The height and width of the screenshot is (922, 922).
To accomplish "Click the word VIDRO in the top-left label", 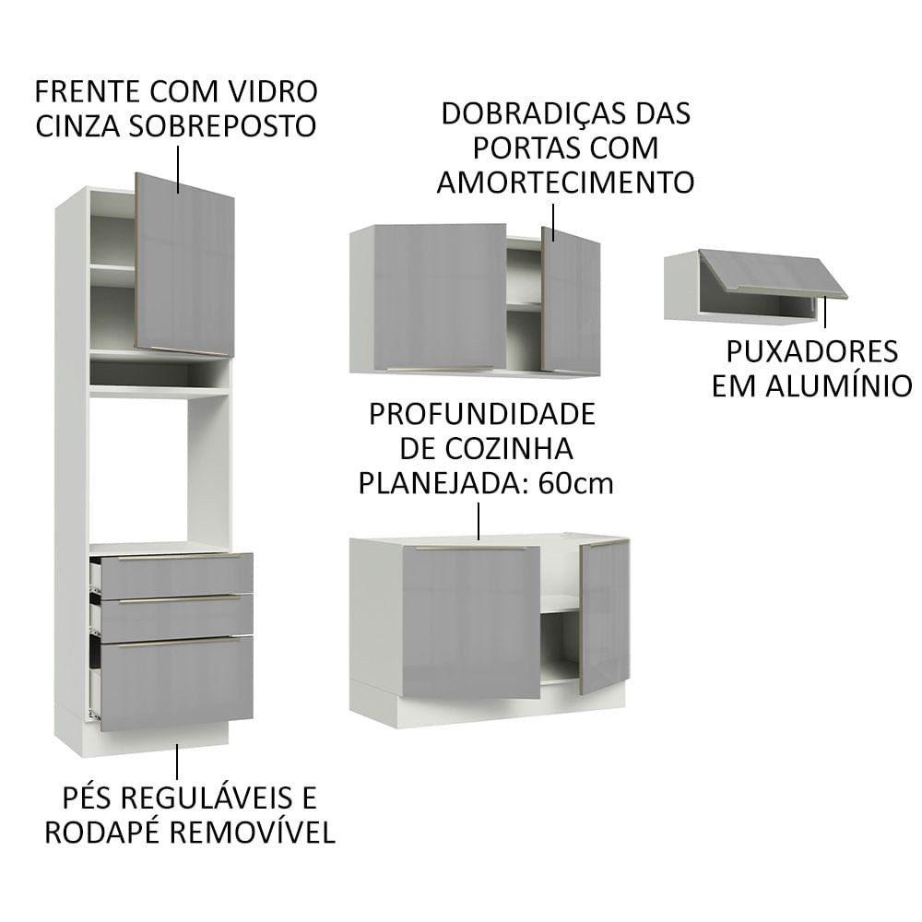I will click(x=275, y=91).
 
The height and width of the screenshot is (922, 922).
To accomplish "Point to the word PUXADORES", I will click(x=811, y=351).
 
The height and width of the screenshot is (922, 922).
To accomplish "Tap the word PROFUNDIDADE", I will click(x=482, y=414).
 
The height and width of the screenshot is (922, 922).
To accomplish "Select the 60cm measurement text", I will click(x=578, y=483).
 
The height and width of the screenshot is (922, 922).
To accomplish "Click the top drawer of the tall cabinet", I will click(x=175, y=575).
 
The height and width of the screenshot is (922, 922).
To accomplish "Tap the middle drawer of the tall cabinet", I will click(x=175, y=618).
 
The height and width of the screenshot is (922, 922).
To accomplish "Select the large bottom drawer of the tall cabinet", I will click(x=175, y=682).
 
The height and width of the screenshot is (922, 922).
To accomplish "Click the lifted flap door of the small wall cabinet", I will click(x=773, y=273).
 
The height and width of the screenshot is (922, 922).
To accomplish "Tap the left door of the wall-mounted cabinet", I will click(x=439, y=296).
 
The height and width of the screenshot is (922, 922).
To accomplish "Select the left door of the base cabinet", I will click(x=470, y=621).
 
